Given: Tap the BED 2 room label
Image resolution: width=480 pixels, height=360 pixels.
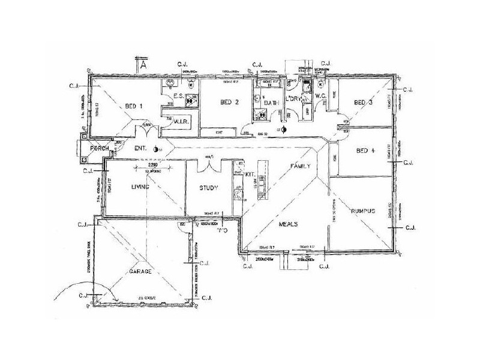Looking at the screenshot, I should pyautogui.click(x=230, y=103).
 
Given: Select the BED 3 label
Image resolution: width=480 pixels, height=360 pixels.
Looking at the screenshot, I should pyautogui.click(x=364, y=103).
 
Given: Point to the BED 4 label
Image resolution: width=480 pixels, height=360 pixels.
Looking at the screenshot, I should pyautogui.click(x=365, y=151).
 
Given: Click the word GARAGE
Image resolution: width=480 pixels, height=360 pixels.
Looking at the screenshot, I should pyautogui.click(x=139, y=271).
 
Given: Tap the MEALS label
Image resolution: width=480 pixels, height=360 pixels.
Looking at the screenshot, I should pyautogui.click(x=289, y=224).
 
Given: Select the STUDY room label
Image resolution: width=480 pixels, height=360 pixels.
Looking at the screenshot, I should pyautogui.click(x=209, y=188).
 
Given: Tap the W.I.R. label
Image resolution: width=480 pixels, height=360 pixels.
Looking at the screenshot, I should pyautogui.click(x=182, y=119).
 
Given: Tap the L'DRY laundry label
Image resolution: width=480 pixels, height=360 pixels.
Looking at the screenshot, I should pyautogui.click(x=295, y=98).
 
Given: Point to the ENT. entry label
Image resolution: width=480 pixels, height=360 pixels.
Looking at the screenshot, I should pyautogui.click(x=141, y=148).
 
